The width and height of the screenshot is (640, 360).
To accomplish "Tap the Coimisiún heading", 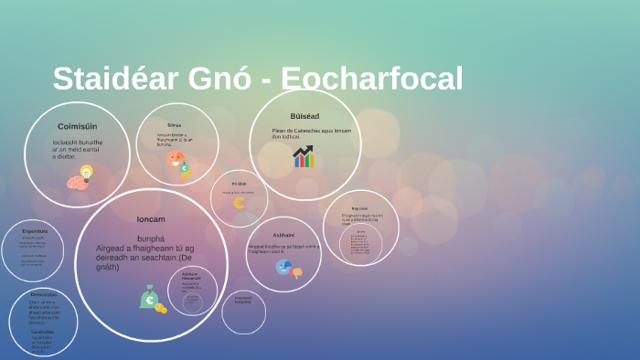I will point(77,126).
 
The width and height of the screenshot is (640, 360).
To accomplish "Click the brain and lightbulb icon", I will point(80,177).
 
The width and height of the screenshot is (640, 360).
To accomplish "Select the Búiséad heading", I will point(304,116).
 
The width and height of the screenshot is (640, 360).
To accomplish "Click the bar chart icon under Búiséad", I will point(303,157).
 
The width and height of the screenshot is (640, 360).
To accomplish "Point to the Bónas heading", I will point(175,125).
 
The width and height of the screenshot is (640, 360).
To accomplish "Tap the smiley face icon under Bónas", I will point(177,160).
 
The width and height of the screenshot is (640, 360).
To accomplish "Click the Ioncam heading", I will point(151,219).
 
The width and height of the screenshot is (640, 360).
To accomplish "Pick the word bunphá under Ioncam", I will point(151,238).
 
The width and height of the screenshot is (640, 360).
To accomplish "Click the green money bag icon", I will point(149,297).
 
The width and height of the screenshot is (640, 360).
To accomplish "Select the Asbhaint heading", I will point(283,235).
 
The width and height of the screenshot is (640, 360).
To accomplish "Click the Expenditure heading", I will point(35,231).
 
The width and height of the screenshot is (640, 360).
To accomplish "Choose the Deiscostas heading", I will point(43,294).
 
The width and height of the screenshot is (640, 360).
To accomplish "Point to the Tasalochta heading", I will point(42,332).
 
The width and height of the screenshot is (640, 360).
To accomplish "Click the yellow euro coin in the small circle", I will point(239,203).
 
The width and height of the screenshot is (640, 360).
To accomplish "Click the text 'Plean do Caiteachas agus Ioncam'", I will point(311,131).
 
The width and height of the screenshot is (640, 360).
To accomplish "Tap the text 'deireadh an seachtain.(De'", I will point(145,258).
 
